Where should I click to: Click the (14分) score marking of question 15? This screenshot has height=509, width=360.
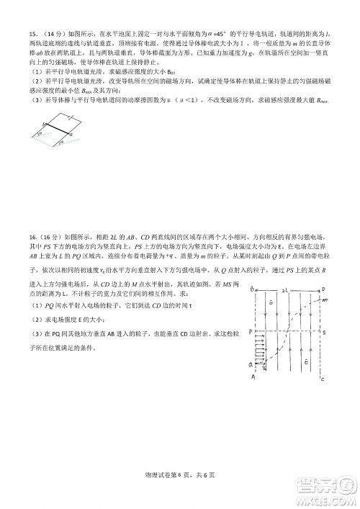click(x=51, y=33)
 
